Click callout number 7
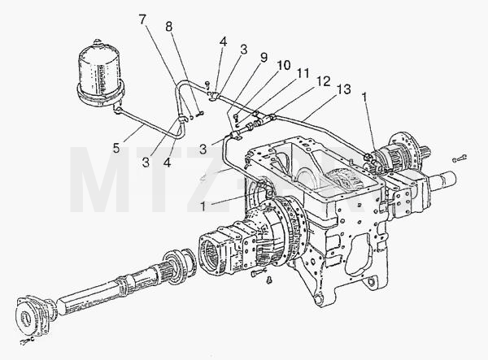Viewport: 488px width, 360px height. pos(142,20)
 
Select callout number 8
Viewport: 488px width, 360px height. pos(168,27)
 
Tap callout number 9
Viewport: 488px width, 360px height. pos(264,58)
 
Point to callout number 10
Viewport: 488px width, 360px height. pos(284,65)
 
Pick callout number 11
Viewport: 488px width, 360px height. pos(303,73)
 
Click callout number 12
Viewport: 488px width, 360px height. pos(324,81)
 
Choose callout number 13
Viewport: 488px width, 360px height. pos(343,89)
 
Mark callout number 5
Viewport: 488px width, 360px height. pos(116,148)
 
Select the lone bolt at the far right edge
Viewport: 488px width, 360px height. pos(460,158)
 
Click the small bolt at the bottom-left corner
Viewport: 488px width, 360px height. pos(27,341)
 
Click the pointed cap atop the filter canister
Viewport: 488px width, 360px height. pos(98,42)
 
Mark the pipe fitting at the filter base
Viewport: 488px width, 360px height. pos(117,109)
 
